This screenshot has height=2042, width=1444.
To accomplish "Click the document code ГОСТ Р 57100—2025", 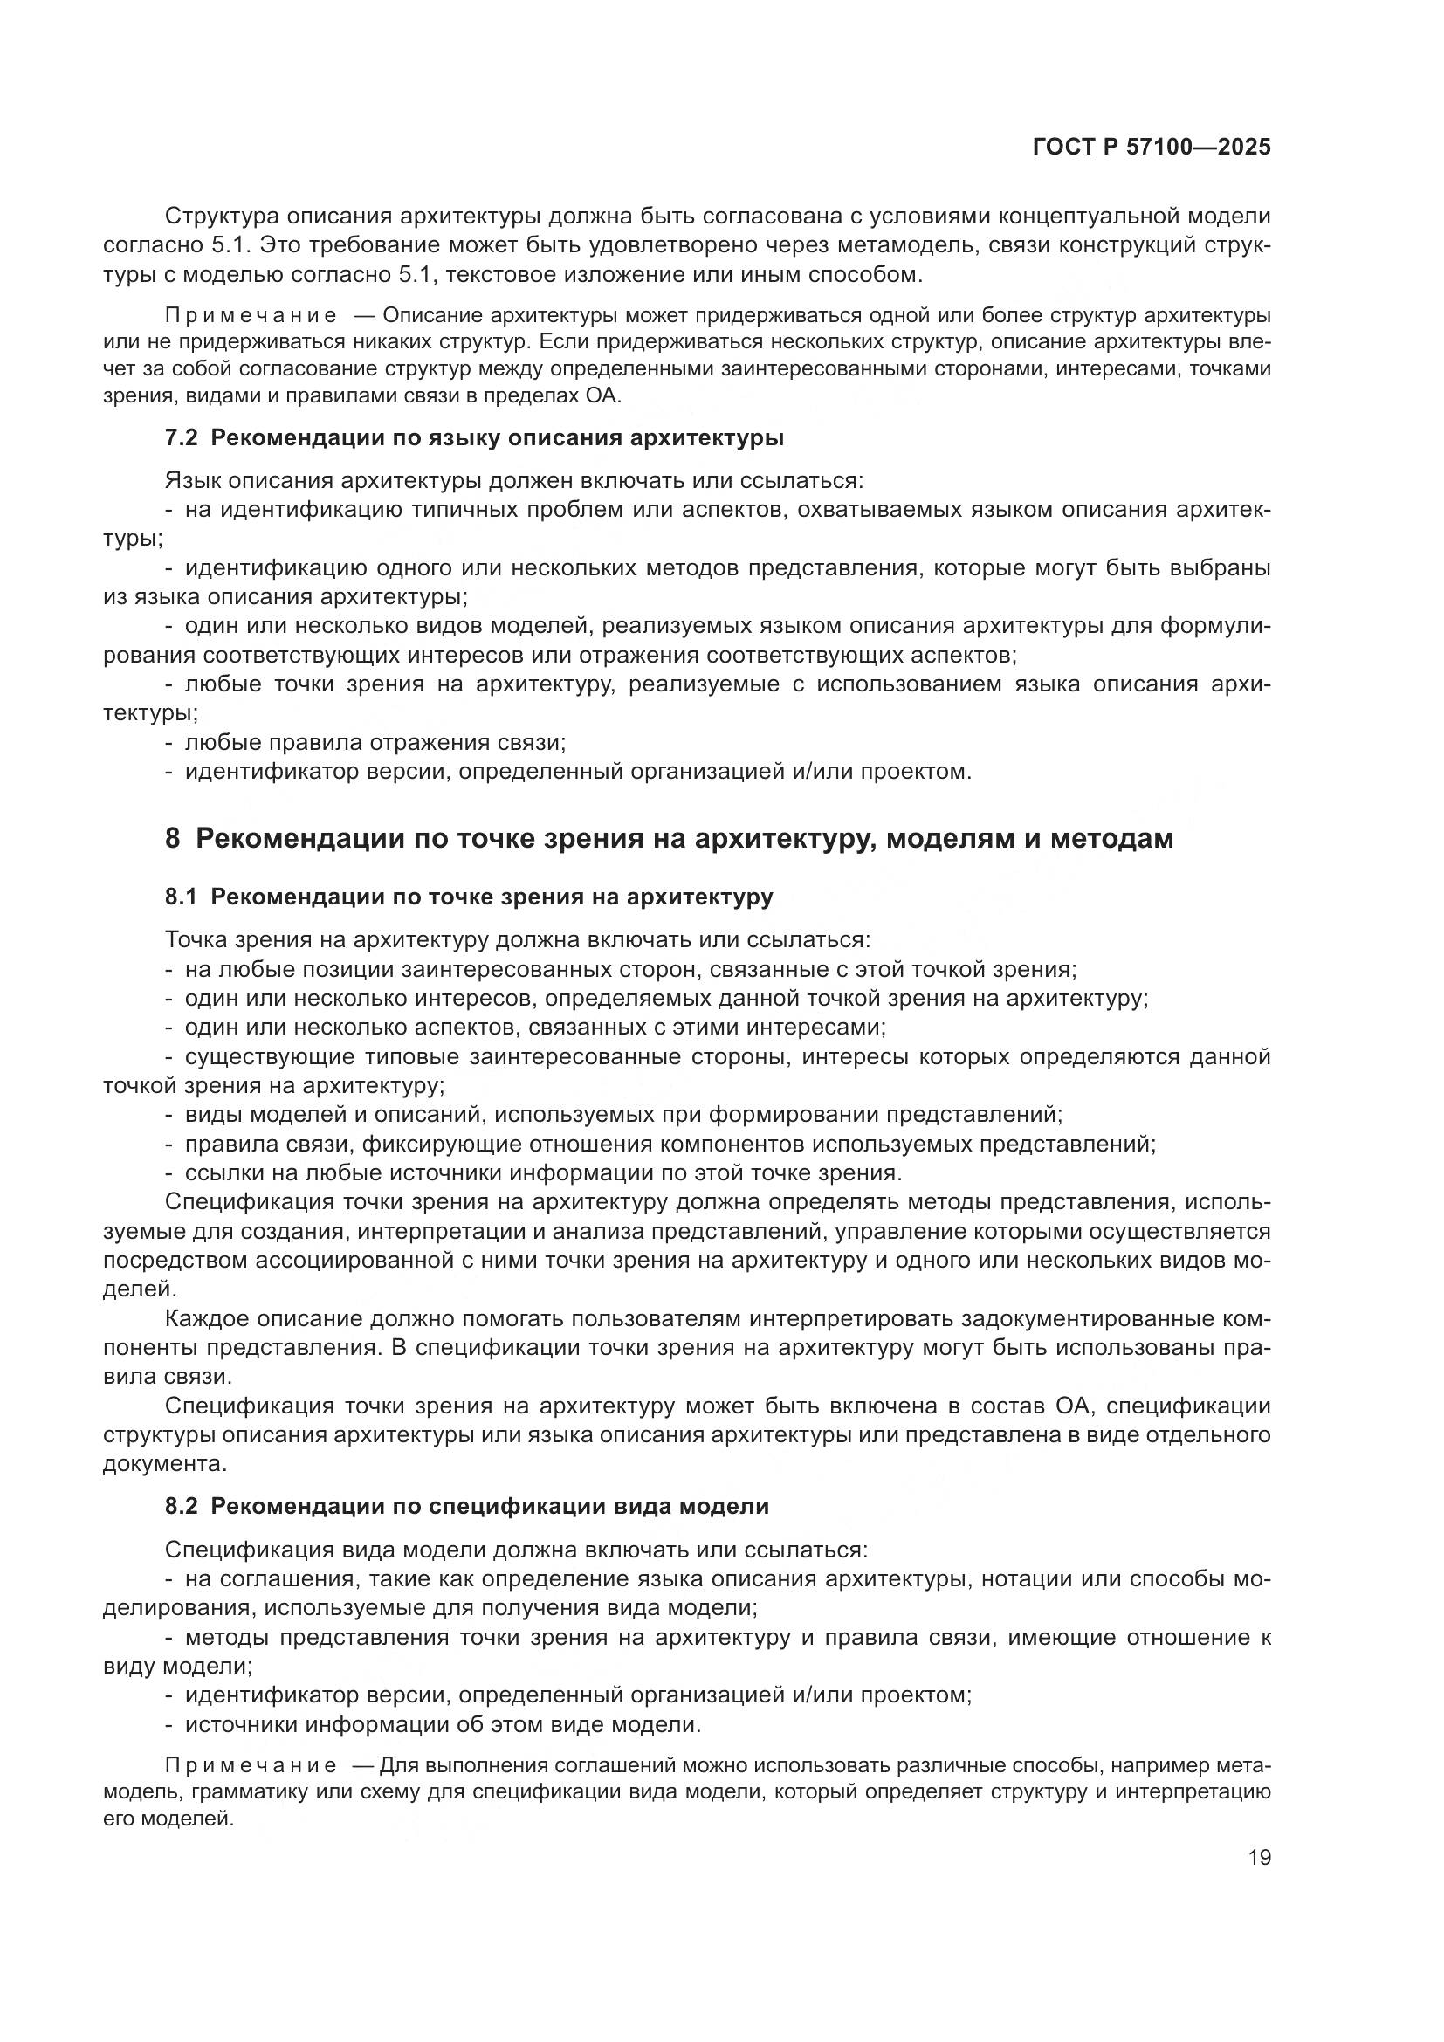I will pos(1152,148).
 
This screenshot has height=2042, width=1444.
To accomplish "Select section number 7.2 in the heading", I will pos(182,438).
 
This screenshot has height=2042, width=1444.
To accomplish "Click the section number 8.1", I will pos(182,897).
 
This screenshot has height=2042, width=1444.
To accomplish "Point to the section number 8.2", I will pos(182,1507).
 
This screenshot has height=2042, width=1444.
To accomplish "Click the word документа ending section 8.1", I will pos(150,1464).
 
